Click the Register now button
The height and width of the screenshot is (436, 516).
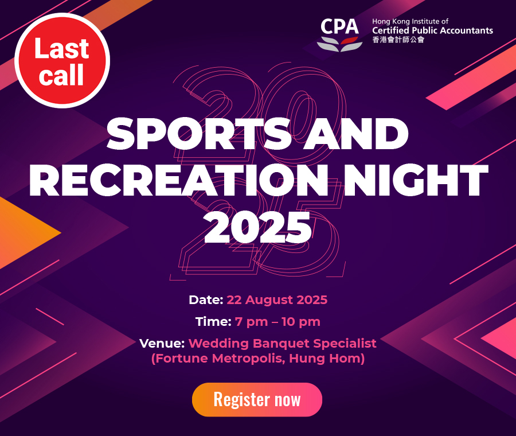pos(257,399)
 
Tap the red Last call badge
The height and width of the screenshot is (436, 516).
pos(62,61)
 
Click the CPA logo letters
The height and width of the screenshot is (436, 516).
pos(339,26)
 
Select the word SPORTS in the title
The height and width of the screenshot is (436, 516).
pos(199,134)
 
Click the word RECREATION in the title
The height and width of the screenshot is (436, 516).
pos(179,181)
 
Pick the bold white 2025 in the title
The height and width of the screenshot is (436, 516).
pos(257,227)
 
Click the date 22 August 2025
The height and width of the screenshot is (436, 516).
pos(277,300)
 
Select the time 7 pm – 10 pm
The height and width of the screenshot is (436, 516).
pos(277,322)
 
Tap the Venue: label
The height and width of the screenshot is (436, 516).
pos(162,344)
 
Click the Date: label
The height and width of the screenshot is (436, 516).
pos(206,300)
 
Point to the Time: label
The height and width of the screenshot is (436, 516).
pos(214,322)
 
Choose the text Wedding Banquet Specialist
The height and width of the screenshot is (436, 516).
pos(282,344)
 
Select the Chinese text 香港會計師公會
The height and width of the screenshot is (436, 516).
pos(398,40)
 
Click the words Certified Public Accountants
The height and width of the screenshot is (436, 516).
pos(432,30)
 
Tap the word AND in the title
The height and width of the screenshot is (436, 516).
pos(356,134)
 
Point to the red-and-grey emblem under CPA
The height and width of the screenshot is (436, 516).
pos(339,44)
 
